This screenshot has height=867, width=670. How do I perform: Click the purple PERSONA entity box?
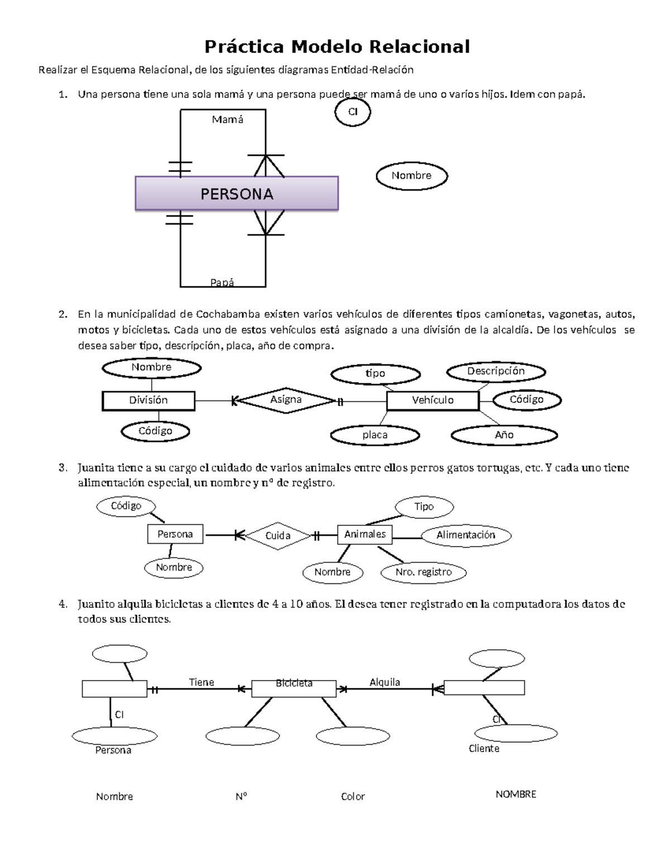(237, 194)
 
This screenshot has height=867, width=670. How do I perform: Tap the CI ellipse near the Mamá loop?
(352, 112)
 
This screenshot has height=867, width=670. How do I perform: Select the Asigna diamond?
(286, 400)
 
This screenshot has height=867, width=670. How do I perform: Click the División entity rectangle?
(149, 400)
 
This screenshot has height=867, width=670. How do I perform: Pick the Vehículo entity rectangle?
(433, 400)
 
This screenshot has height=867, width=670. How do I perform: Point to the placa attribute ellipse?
(375, 435)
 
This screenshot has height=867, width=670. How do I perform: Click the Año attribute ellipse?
(504, 435)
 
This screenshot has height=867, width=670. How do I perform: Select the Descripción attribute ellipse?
(496, 371)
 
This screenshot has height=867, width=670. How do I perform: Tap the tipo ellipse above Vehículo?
(375, 373)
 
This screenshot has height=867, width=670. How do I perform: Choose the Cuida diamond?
(277, 535)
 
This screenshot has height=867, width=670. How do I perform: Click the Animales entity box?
(365, 534)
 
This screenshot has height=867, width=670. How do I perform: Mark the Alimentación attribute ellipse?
(466, 535)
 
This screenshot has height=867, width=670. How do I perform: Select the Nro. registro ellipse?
(423, 572)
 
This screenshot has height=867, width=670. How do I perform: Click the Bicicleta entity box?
(294, 688)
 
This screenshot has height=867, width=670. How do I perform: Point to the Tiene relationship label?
(201, 682)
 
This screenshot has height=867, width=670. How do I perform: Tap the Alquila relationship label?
(385, 682)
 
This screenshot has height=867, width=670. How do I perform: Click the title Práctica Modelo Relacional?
(337, 46)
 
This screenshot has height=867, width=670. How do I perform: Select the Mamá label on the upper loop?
(227, 119)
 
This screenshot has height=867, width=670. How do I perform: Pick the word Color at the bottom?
(353, 797)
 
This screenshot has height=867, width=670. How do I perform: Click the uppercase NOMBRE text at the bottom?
(515, 794)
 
